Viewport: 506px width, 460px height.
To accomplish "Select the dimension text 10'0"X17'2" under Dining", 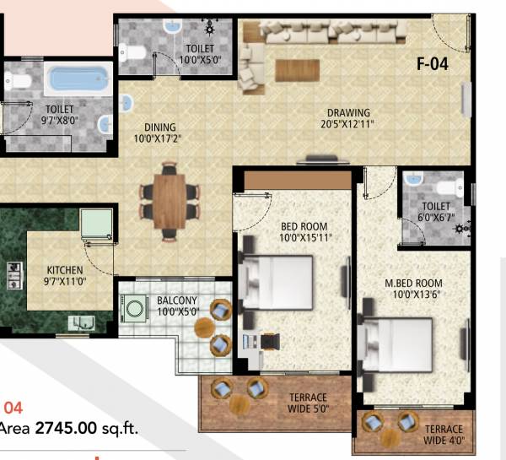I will [x=158, y=138].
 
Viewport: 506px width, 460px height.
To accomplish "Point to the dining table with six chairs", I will [x=169, y=201].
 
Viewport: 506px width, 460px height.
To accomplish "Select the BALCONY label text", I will [x=177, y=300].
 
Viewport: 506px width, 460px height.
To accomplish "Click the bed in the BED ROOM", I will [x=276, y=282].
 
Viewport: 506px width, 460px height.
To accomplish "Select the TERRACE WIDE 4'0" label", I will [x=444, y=434].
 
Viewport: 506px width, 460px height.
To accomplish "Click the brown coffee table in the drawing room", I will [x=298, y=69].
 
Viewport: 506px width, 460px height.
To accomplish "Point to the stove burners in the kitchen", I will [x=14, y=272].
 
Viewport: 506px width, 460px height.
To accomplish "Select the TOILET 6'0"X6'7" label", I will [x=436, y=210].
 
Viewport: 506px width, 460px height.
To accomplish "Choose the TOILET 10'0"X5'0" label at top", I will [x=200, y=55].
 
